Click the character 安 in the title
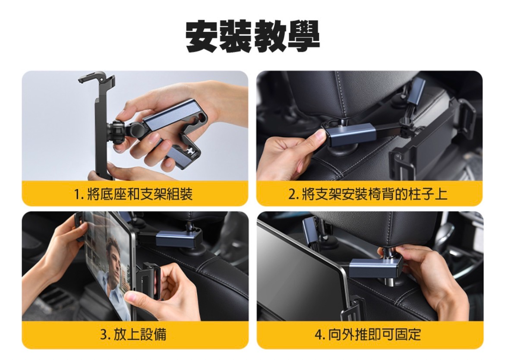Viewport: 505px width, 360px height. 202,36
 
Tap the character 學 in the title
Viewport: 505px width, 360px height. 303,36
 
